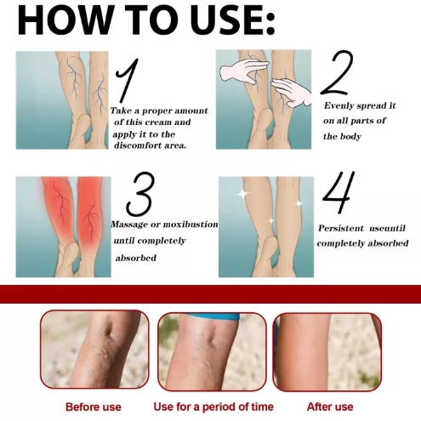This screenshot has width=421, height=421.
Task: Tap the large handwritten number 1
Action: pos(128,80)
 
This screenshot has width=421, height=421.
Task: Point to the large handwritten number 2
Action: pos(337,72)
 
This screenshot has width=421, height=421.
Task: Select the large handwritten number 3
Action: pos(141,194)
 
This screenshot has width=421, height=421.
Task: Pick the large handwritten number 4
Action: pos(339,192)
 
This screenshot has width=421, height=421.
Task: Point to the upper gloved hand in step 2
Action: pos(244,71)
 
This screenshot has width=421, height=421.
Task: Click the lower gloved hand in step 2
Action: pos(291,92)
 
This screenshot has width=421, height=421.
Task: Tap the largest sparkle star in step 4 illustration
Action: pos(242,194)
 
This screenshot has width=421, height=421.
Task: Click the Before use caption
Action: pos(94,407)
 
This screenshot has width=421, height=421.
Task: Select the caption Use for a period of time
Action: pos(213,407)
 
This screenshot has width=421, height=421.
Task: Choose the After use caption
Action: pos(330,407)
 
